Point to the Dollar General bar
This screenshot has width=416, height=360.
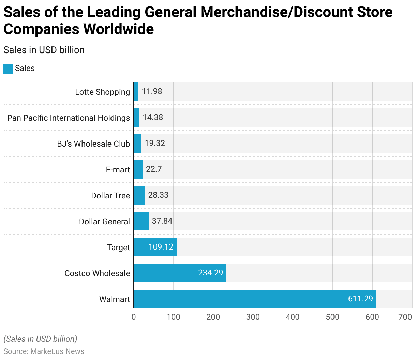[141, 221]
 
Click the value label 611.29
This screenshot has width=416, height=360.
[360, 299]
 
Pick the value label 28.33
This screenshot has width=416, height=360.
[158, 195]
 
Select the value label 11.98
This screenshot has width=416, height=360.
[152, 91]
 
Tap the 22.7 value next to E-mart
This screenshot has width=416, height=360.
[154, 169]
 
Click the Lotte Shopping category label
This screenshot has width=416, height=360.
[102, 92]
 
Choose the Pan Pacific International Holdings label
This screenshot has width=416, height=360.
[69, 118]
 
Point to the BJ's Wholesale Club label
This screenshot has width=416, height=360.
[93, 144]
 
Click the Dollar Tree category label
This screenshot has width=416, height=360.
[110, 196]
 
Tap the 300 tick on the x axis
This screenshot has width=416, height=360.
[253, 317]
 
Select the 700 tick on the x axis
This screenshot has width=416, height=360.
[405, 317]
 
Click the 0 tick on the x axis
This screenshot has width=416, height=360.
[134, 317]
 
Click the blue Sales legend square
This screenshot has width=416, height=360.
[8, 69]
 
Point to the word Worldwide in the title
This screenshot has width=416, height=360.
[119, 29]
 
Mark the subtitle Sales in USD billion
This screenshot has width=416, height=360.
[44, 50]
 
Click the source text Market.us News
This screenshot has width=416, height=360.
[57, 351]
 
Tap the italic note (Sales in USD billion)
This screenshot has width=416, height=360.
[40, 339]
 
